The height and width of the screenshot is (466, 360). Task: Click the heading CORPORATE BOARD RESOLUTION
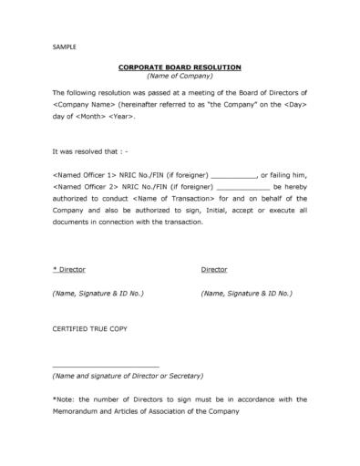179,68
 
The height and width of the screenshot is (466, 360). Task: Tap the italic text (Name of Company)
179,78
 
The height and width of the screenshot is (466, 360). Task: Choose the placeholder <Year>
129,119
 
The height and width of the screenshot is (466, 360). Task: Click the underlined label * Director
67,269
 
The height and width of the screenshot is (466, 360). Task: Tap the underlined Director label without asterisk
213,269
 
